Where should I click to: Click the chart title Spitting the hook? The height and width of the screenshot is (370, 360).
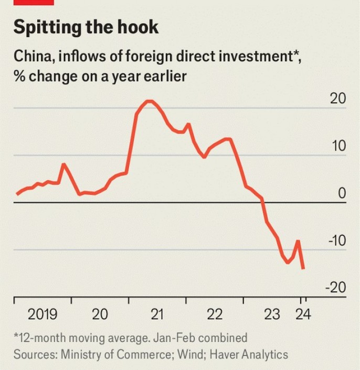point(86,27)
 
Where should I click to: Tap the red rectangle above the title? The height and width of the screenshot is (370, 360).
point(33,2)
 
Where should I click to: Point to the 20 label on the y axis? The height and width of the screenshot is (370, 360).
point(338,99)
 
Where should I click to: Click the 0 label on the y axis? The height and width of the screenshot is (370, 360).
point(342,193)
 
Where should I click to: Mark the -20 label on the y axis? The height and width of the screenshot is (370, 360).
point(336,288)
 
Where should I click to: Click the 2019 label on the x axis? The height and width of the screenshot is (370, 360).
point(42,314)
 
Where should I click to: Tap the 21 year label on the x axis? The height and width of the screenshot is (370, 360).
point(157,314)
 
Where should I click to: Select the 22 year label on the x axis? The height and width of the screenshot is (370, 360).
point(215,314)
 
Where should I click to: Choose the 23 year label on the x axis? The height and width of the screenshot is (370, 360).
point(272,314)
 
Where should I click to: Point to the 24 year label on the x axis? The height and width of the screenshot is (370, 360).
point(303,314)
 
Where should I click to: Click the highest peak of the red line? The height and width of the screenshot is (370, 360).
point(149,101)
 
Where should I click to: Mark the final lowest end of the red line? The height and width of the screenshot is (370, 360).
point(303,268)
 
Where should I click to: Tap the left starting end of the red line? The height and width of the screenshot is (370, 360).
point(17,194)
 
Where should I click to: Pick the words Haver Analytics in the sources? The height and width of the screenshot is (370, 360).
point(249,354)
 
